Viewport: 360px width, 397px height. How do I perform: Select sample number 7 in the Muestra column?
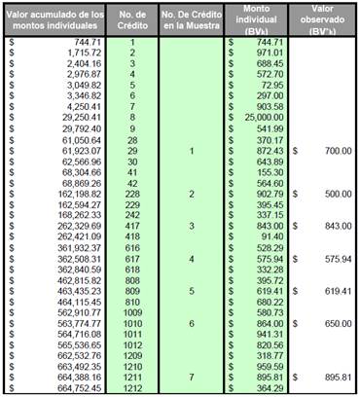[192, 377]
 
